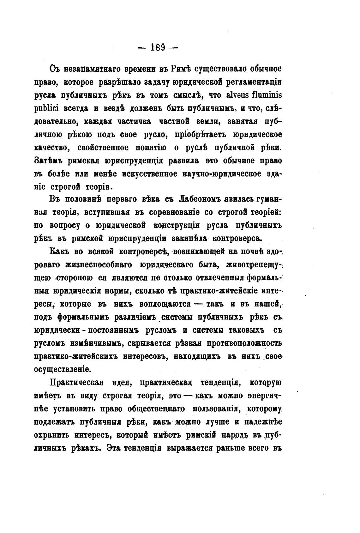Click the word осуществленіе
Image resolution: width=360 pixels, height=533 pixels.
tap(63, 369)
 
